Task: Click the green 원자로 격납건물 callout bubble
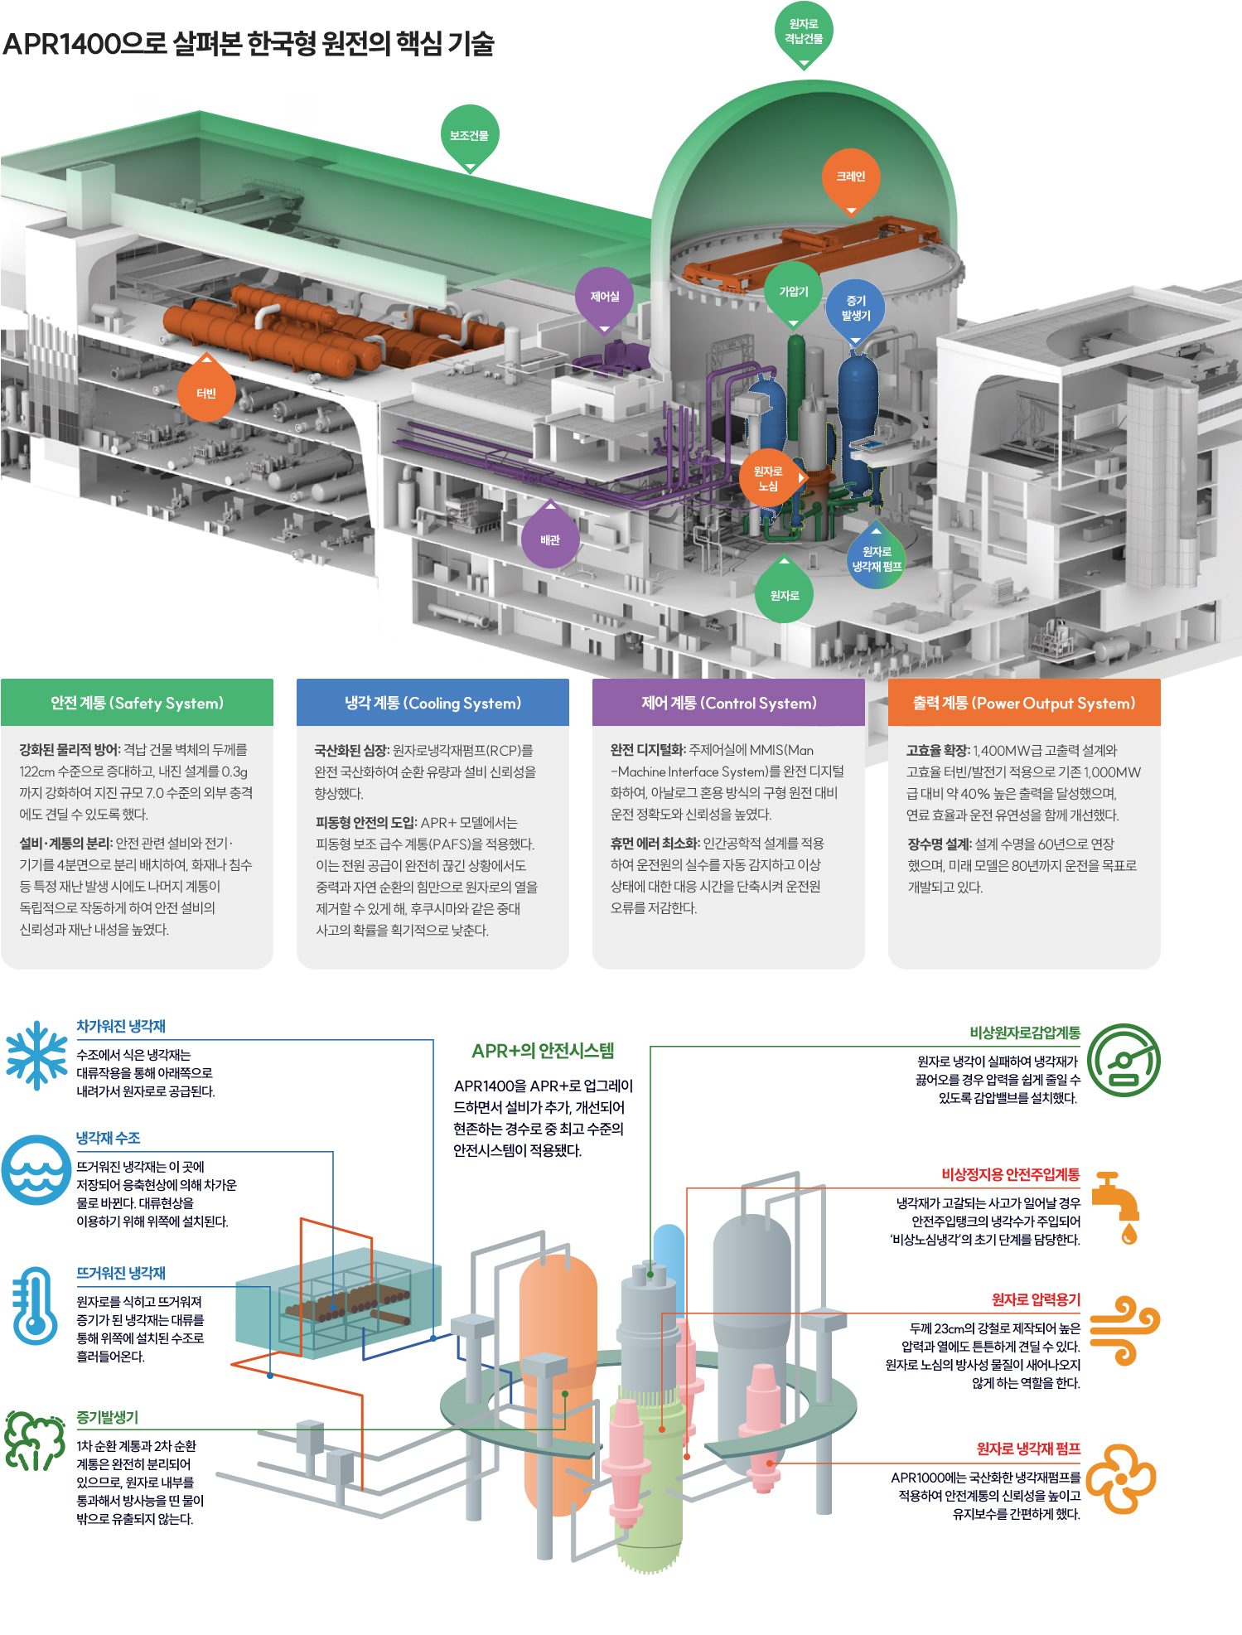(804, 32)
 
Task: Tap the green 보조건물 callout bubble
(470, 135)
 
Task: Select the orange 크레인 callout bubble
(851, 177)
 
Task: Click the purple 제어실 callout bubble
(605, 296)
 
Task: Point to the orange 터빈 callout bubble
(206, 393)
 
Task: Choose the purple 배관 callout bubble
(550, 539)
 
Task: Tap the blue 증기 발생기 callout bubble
(856, 307)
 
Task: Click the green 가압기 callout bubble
(794, 291)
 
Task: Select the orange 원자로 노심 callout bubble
(769, 478)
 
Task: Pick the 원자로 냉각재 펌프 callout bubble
(877, 559)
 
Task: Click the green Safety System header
(137, 703)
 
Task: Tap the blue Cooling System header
(433, 703)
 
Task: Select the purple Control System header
(728, 703)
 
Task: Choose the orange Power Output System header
(1024, 703)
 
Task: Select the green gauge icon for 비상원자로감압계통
(1124, 1061)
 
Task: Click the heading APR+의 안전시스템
(543, 1051)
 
